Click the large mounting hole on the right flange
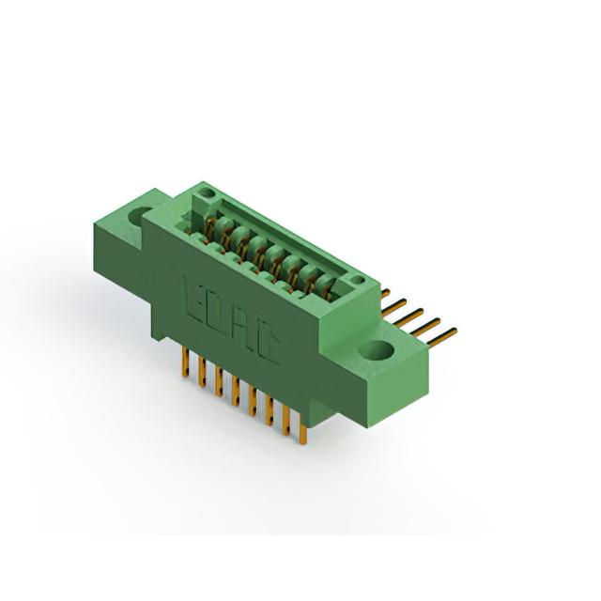coord(377,350)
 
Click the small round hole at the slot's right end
coord(357,280)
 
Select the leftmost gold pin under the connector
coord(186,362)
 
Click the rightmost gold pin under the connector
coord(302,433)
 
